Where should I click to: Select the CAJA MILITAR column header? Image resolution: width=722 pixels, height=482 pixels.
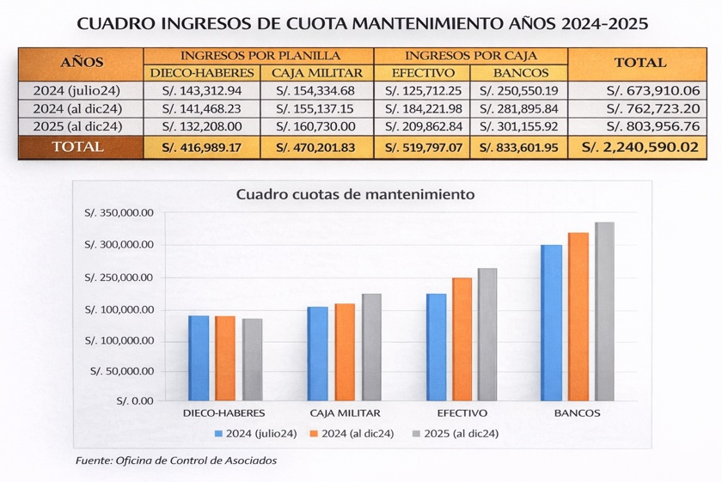317,73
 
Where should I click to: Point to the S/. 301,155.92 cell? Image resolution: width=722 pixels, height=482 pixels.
519,126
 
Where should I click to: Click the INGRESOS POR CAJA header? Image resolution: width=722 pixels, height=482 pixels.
471,55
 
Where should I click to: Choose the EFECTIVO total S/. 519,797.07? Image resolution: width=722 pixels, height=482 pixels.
424,147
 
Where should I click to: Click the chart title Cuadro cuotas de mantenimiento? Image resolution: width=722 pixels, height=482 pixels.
355,194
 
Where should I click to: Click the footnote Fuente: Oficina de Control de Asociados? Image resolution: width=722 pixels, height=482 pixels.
176,461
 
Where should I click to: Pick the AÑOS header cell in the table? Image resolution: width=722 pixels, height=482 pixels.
82,63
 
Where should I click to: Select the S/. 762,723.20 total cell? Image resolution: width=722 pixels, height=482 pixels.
640,108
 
